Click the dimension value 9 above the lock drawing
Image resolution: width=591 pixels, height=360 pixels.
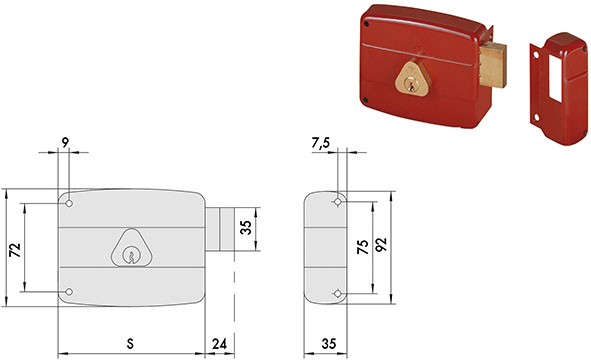point(66,142)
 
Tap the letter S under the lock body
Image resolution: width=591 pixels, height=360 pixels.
point(131,343)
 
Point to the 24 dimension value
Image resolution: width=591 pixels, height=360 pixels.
point(219,343)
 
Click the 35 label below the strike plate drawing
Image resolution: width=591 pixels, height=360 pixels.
point(328,343)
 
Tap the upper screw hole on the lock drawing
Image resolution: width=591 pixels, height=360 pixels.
point(72,203)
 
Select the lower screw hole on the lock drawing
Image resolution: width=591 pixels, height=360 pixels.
point(70,291)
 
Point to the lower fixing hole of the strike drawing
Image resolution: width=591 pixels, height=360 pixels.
point(339,293)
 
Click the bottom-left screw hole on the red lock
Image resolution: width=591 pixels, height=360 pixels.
point(368,100)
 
